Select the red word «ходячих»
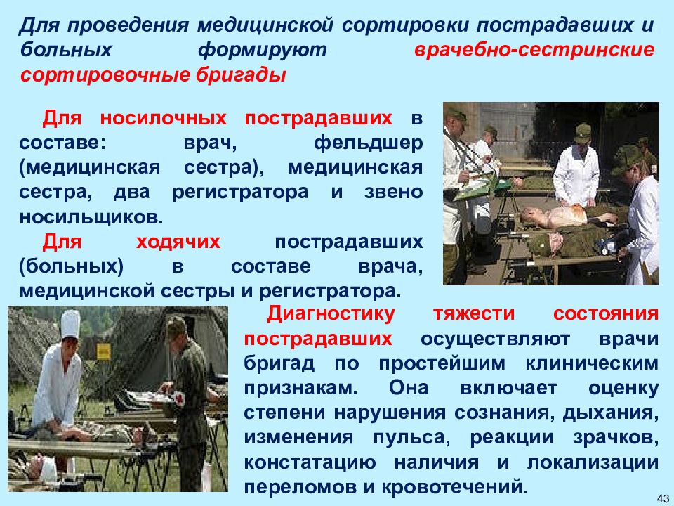click(178, 242)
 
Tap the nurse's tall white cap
click(70, 325)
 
